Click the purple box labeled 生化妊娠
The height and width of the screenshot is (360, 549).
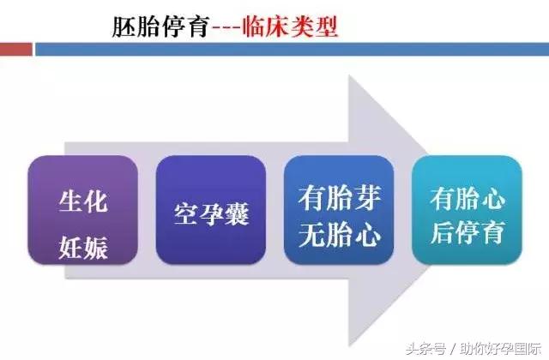point(82,210)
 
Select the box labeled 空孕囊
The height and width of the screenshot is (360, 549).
point(211,210)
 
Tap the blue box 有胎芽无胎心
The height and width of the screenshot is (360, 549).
point(340,210)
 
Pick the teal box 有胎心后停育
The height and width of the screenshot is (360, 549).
point(468,210)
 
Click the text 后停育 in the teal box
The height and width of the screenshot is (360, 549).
point(468,231)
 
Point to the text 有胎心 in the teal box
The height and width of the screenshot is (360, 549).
point(468,198)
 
